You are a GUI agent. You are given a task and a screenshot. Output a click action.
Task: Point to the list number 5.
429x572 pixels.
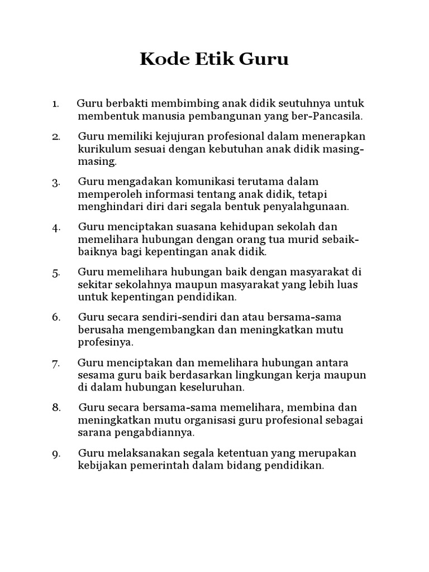pos(56,273)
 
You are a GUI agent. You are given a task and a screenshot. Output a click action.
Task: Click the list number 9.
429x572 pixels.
pos(56,454)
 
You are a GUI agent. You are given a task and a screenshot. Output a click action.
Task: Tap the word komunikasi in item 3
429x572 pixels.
pos(184,182)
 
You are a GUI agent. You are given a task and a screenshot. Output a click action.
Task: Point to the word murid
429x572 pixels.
pos(307,240)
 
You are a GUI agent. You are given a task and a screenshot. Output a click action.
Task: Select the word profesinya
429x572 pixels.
pos(106,342)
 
